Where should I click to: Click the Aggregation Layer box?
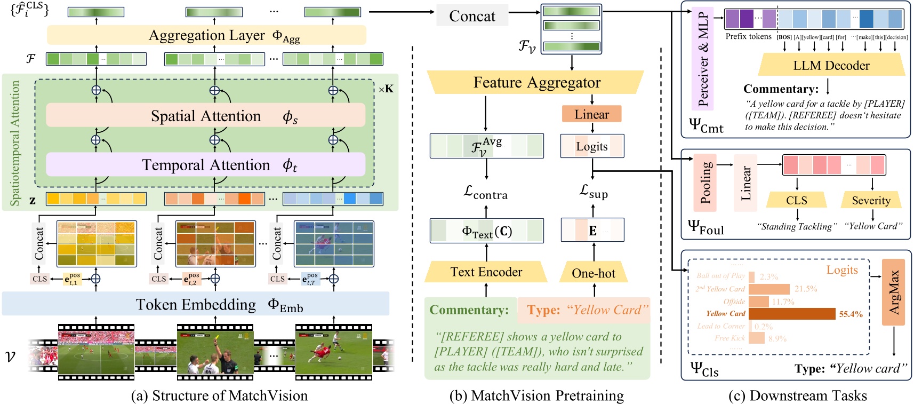pos(206,35)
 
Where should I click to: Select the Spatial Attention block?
pos(205,116)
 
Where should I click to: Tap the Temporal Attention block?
pos(205,165)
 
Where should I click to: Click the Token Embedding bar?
pos(196,304)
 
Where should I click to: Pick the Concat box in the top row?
pos(472,16)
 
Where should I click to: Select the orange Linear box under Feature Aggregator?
pos(591,114)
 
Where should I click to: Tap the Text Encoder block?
pos(486,272)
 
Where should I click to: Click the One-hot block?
pos(594,273)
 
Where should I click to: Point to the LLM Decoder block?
pos(831,66)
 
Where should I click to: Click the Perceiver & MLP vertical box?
pos(702,59)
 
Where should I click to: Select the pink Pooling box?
pos(705,183)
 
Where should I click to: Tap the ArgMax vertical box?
pos(893,292)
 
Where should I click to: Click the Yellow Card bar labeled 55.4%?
pos(791,314)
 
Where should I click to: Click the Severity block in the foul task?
pos(871,201)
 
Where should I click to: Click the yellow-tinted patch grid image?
pos(96,244)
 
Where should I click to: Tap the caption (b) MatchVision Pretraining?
pos(536,395)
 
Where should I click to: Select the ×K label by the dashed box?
pos(386,89)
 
